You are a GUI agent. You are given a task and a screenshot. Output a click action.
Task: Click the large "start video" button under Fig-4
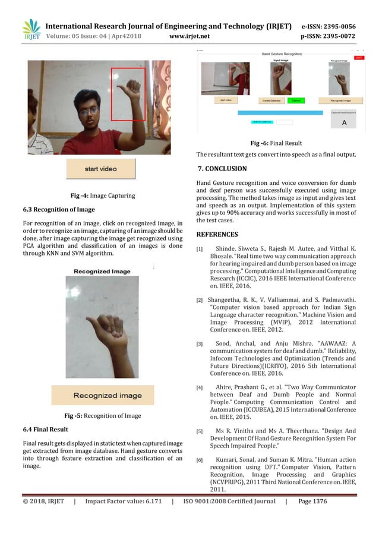(x=100, y=169)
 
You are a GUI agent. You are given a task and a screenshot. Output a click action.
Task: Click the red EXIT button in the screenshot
(x=359, y=58)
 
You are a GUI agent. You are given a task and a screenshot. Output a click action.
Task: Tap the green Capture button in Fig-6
(x=295, y=100)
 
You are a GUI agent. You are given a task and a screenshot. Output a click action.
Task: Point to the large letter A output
(x=343, y=123)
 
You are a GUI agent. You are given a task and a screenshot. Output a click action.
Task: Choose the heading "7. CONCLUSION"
(x=222, y=168)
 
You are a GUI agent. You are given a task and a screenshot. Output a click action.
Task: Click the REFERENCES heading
(x=217, y=234)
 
